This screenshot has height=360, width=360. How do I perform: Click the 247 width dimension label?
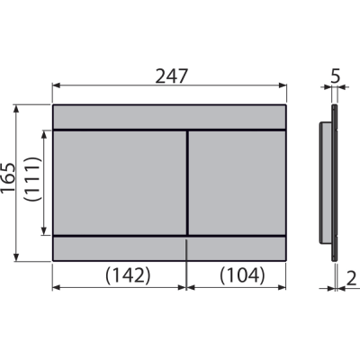point(171,76)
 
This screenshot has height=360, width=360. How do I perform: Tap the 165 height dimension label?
point(8,177)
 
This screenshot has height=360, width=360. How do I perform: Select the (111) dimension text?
point(32,179)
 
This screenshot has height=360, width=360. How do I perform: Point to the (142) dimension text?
point(128,275)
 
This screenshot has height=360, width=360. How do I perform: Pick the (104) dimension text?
point(242,275)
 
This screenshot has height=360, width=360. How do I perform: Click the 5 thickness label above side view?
point(336,76)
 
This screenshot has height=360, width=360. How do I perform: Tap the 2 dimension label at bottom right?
point(351,278)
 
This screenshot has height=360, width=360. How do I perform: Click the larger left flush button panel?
point(120,183)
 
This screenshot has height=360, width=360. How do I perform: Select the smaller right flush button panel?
point(237,183)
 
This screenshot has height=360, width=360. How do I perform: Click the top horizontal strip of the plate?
point(169,117)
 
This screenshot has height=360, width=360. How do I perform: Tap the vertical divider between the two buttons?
point(188,183)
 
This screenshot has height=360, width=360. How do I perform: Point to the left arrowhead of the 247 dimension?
point(57,85)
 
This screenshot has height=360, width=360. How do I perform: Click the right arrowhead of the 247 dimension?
point(283,85)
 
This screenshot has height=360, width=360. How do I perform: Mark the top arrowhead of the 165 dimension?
point(16,109)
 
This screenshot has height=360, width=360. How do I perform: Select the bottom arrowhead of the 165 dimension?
point(16,257)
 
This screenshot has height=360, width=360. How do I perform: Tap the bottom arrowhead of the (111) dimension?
point(44,230)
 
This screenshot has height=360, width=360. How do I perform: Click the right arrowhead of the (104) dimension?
point(282,287)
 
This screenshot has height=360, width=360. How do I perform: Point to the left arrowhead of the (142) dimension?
point(57,287)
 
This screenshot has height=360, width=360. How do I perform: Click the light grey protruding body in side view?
point(325,183)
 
